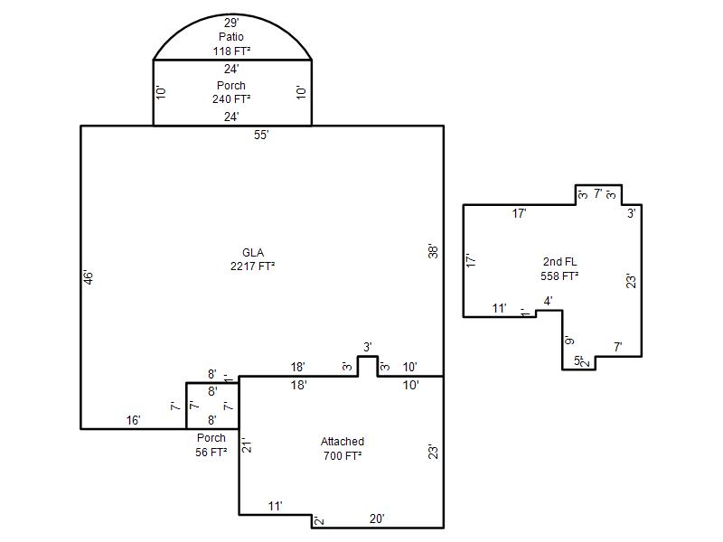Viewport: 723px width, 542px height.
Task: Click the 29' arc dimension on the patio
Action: tap(231, 23)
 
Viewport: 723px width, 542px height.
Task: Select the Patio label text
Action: tap(231, 36)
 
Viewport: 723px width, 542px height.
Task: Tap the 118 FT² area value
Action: tap(231, 51)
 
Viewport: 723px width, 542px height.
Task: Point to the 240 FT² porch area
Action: tap(231, 99)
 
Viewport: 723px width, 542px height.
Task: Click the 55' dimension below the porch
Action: tap(261, 135)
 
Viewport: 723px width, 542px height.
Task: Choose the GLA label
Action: tap(253, 253)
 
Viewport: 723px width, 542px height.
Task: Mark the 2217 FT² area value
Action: tap(253, 266)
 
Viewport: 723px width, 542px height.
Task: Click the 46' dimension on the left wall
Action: tap(88, 276)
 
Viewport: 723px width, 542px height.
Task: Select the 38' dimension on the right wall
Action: tap(433, 251)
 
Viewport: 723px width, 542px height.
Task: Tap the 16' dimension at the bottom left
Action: tap(133, 420)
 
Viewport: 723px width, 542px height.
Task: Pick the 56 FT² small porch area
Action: tap(211, 453)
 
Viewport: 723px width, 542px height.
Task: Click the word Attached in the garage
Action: tap(343, 442)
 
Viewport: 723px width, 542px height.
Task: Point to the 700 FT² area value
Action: tap(343, 456)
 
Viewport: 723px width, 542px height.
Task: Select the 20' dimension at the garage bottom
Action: tap(377, 519)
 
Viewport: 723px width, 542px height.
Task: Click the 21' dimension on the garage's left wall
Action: tap(247, 445)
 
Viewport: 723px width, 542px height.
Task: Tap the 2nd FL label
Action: tap(559, 262)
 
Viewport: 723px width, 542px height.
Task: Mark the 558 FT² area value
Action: tap(559, 276)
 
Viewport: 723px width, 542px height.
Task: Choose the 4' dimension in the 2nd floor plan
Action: tap(548, 302)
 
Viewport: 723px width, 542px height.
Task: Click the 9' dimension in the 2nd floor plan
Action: tap(570, 341)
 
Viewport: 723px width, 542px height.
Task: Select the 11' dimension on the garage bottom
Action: tap(276, 506)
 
